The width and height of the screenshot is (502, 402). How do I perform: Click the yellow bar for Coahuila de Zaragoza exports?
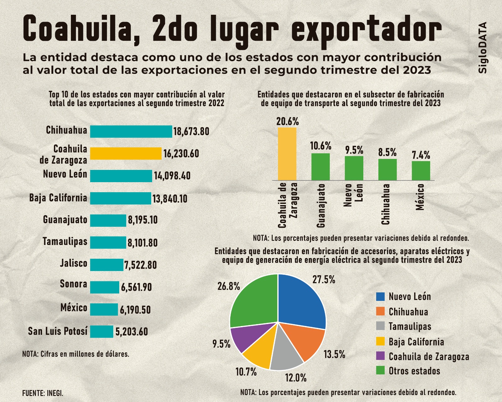[125, 154]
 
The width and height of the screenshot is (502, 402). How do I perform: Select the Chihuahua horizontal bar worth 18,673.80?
[131, 132]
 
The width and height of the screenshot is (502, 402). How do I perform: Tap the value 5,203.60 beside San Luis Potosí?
[131, 332]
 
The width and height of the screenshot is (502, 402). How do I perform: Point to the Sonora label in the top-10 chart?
[73, 284]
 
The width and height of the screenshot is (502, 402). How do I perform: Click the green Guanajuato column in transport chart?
[320, 166]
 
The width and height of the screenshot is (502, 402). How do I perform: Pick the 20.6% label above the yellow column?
[287, 121]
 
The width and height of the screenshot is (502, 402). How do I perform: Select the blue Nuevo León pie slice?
[301, 301]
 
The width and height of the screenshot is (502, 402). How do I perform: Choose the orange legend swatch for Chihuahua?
[380, 311]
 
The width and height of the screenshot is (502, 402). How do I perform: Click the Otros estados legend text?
[414, 371]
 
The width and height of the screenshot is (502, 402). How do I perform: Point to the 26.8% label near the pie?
[229, 286]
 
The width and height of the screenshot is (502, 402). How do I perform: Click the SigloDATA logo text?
[483, 48]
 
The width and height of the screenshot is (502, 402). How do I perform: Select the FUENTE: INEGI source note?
[43, 393]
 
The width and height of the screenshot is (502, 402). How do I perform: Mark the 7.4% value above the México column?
[421, 155]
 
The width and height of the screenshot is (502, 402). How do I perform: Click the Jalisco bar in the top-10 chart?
[107, 265]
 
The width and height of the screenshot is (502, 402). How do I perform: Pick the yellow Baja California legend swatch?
[380, 341]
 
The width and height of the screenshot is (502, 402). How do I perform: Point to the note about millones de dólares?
[76, 354]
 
